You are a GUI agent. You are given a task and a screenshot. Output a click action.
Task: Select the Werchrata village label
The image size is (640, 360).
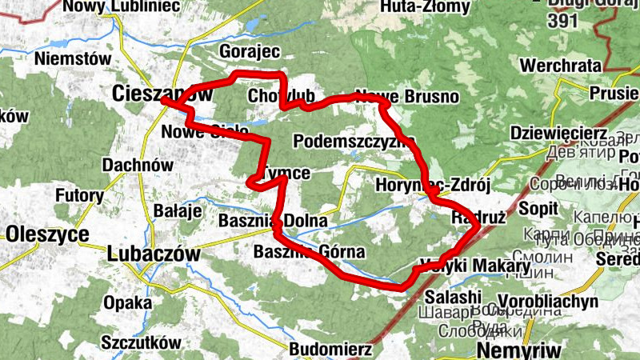560,65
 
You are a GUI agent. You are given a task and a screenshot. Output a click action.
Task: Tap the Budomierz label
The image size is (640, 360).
330,349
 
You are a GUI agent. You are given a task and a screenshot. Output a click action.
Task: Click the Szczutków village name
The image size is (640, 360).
141,342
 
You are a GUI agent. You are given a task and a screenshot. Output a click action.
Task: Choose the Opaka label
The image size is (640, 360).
127,302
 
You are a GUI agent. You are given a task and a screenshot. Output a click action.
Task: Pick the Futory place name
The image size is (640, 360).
79,194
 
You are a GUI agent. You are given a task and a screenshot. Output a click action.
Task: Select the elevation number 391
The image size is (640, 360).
564,22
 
